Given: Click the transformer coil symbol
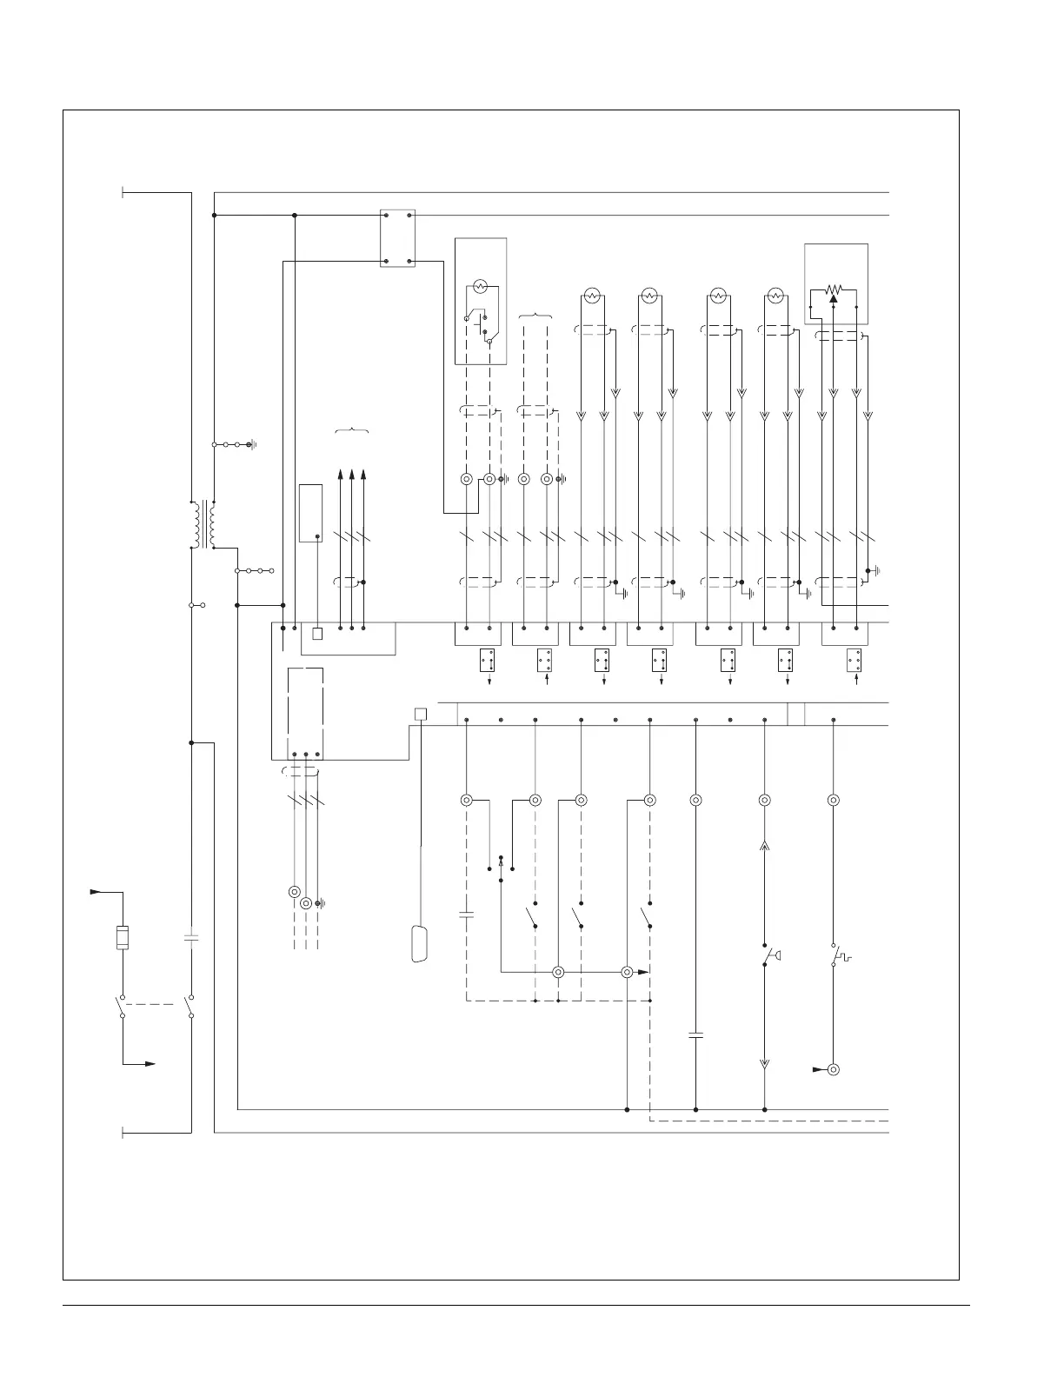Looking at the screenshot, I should [203, 524].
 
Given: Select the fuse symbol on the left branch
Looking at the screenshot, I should [123, 939].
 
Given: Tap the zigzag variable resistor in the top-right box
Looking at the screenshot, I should [834, 289].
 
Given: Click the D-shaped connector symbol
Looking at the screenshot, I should [419, 944].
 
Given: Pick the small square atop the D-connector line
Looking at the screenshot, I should [420, 715].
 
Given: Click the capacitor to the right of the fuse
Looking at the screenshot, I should [191, 939].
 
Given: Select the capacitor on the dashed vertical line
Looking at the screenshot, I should [466, 915].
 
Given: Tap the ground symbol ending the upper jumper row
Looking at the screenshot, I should [251, 445].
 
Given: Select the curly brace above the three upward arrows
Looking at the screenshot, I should [351, 430].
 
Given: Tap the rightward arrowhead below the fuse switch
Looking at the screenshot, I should [150, 1064].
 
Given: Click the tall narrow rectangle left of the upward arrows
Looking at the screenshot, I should [310, 513].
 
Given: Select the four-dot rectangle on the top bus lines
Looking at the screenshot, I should [397, 238].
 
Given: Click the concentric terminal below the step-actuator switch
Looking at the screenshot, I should [833, 1069].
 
